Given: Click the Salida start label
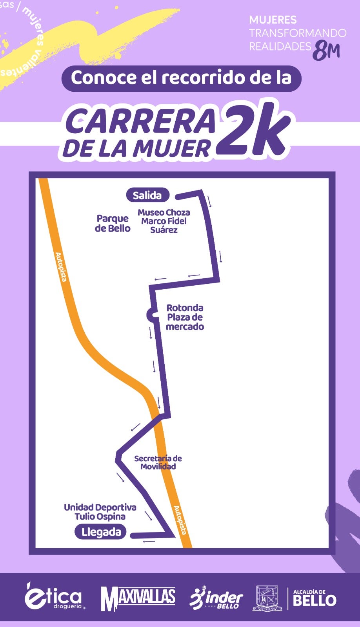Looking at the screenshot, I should coord(147,195).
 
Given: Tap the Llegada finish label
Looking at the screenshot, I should coord(101,532).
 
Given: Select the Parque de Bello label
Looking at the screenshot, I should coord(113,223).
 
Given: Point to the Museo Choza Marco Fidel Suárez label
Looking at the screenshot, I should coord(164,221).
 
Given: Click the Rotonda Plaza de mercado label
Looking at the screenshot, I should coord(185,317).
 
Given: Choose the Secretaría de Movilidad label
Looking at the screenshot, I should coord(158,462).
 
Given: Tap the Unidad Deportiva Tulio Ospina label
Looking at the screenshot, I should coord(100,512).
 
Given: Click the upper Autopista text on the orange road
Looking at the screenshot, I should coord(61,267).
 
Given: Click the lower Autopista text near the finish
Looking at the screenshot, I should coord(180,520).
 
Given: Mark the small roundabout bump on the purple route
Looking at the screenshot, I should coord(150,314).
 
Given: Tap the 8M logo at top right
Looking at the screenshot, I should coord(326,51).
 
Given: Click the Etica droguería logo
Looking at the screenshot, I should coord(54,598).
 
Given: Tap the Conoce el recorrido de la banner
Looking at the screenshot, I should coord(181,78).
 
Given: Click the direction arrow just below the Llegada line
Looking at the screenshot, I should coord(149,542).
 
